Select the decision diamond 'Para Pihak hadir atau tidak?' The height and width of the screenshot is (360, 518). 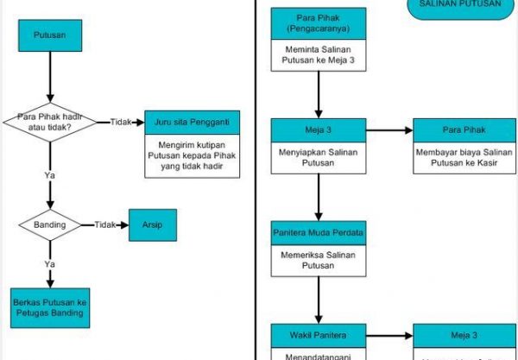(50, 122)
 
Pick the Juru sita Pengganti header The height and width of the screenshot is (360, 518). (192, 122)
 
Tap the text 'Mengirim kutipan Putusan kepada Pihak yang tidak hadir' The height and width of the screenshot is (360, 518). (192, 156)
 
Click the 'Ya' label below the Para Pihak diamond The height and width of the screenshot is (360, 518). (49, 175)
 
